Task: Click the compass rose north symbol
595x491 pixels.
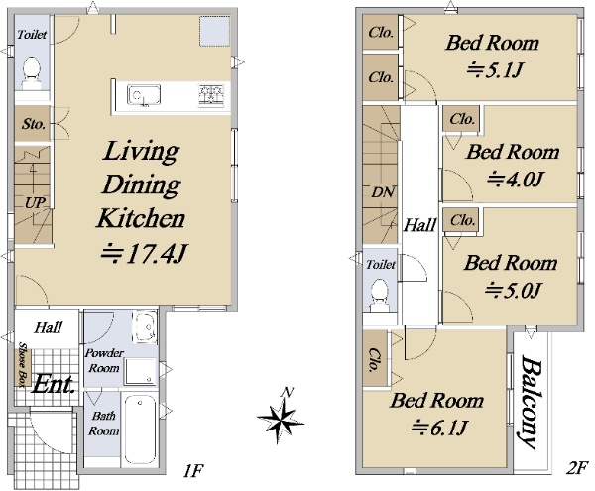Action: [281, 417]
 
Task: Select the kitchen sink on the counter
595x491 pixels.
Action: [144, 95]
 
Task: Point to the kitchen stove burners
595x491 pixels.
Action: [211, 95]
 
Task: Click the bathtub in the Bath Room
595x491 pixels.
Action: [140, 430]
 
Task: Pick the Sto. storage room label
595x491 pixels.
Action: [34, 124]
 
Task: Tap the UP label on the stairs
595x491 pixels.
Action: [35, 203]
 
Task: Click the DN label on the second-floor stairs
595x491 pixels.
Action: [383, 192]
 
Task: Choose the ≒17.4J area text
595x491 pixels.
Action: [144, 254]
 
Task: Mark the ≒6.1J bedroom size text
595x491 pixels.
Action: [438, 428]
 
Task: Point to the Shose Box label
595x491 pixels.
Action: [23, 365]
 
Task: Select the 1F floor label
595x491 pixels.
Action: [193, 471]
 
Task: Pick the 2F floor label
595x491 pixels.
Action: [577, 468]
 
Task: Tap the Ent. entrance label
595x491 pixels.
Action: [54, 385]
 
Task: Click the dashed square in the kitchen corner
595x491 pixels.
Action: [215, 31]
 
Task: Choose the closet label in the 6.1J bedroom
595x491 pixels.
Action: [374, 359]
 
